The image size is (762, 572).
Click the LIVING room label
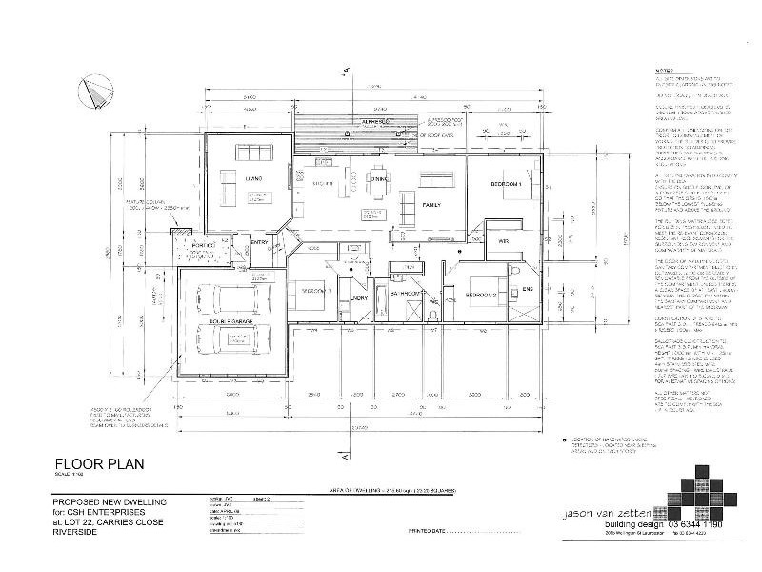coord(252,178)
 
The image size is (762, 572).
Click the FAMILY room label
coord(431,205)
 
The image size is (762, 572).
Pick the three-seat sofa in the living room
coord(254,153)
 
